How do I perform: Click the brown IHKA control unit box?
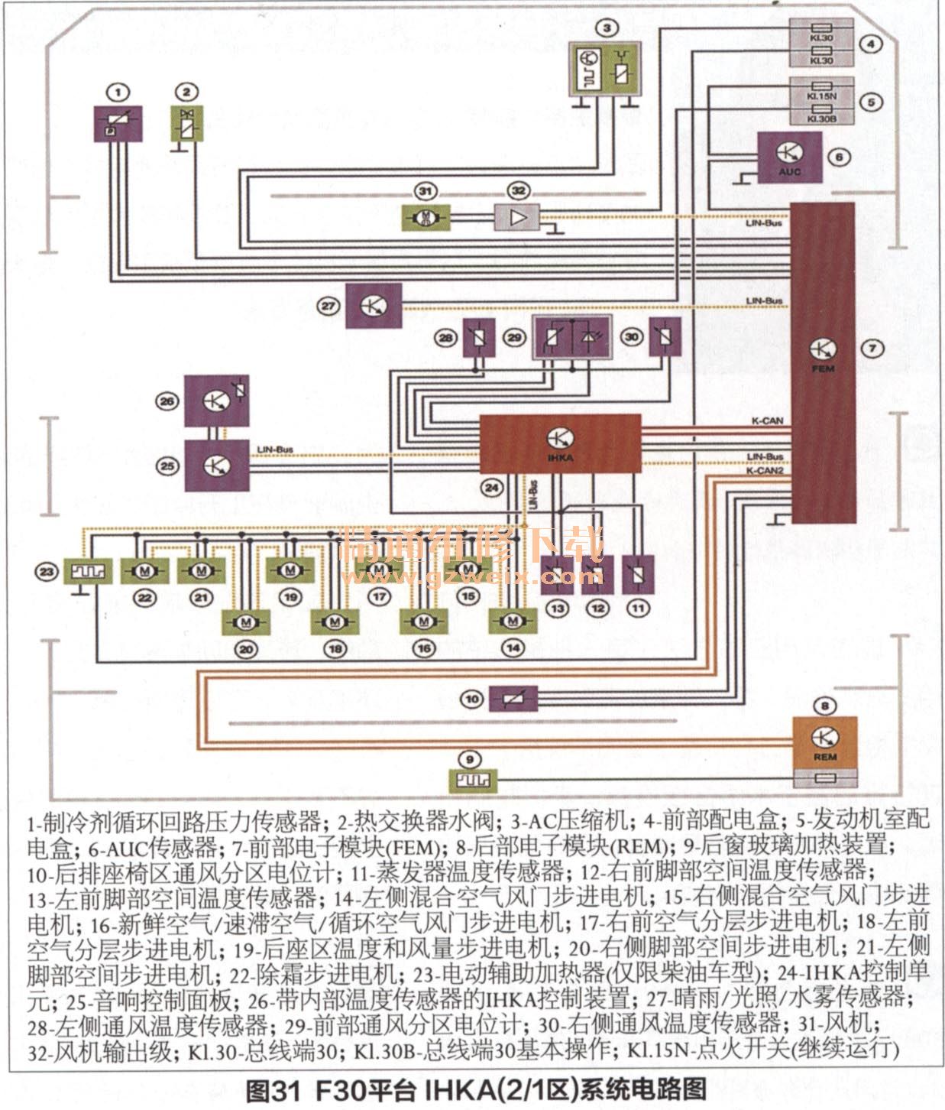[x=560, y=443]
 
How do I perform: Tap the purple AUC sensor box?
[x=789, y=158]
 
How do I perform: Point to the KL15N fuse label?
[x=821, y=97]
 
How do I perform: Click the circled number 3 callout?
[x=607, y=28]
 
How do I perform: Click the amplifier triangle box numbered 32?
[x=517, y=217]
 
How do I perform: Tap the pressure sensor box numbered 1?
[x=118, y=124]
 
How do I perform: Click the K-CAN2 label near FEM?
[x=765, y=471]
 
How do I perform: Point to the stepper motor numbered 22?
[x=144, y=570]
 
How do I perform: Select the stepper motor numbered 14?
[x=513, y=622]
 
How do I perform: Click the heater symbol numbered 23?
[x=88, y=570]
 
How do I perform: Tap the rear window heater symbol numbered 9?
[x=472, y=781]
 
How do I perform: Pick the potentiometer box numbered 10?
[x=513, y=699]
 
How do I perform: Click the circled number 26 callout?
[x=167, y=401]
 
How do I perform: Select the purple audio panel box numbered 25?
[x=217, y=466]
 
